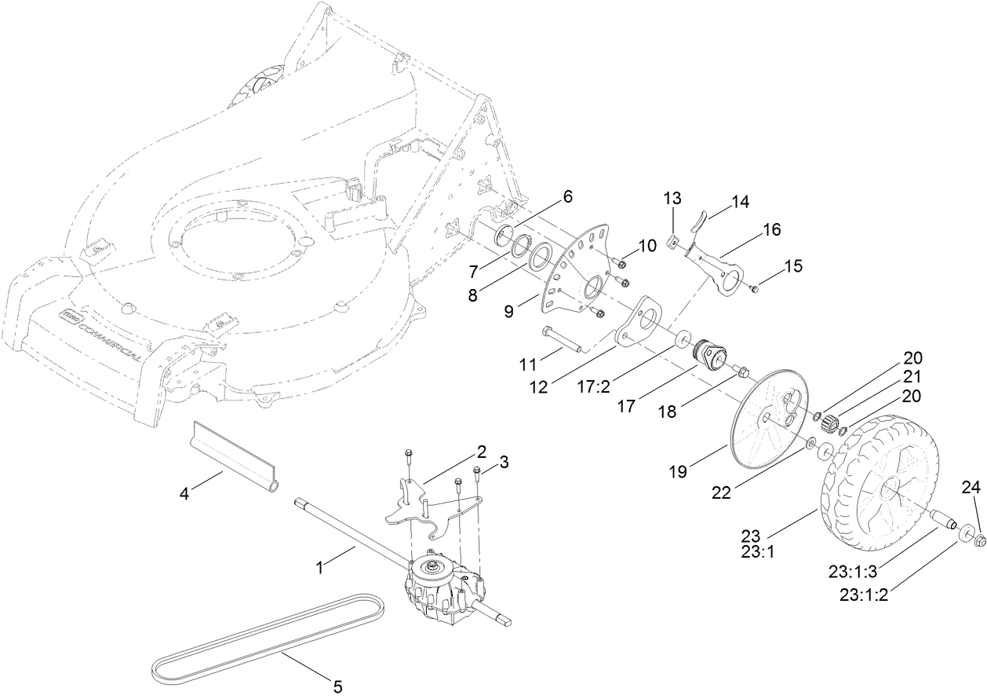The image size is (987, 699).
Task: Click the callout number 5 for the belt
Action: click(x=337, y=686)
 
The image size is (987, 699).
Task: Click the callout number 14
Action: click(x=740, y=202)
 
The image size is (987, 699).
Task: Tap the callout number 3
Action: click(x=504, y=463)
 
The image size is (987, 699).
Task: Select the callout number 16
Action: click(x=771, y=229)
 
